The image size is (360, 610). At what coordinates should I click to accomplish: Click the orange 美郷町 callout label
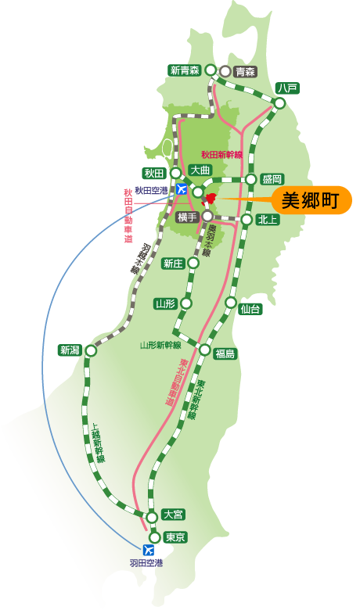[310, 200]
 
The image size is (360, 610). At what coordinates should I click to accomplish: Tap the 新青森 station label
[185, 70]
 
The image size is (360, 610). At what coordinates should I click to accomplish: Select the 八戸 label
[287, 88]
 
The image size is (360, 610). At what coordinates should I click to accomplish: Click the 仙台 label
[250, 309]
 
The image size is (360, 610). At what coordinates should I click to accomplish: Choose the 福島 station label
[225, 353]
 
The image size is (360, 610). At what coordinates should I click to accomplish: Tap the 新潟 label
[69, 350]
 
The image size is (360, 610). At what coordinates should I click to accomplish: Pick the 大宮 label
[172, 514]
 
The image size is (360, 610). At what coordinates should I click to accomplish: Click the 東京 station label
[175, 537]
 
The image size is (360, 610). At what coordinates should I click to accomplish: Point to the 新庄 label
[173, 264]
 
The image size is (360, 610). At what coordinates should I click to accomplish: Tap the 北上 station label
[266, 220]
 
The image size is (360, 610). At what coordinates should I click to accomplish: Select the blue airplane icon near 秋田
[182, 189]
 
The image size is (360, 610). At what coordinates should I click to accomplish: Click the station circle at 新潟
[91, 351]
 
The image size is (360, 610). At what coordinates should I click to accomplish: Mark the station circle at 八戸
[280, 103]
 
